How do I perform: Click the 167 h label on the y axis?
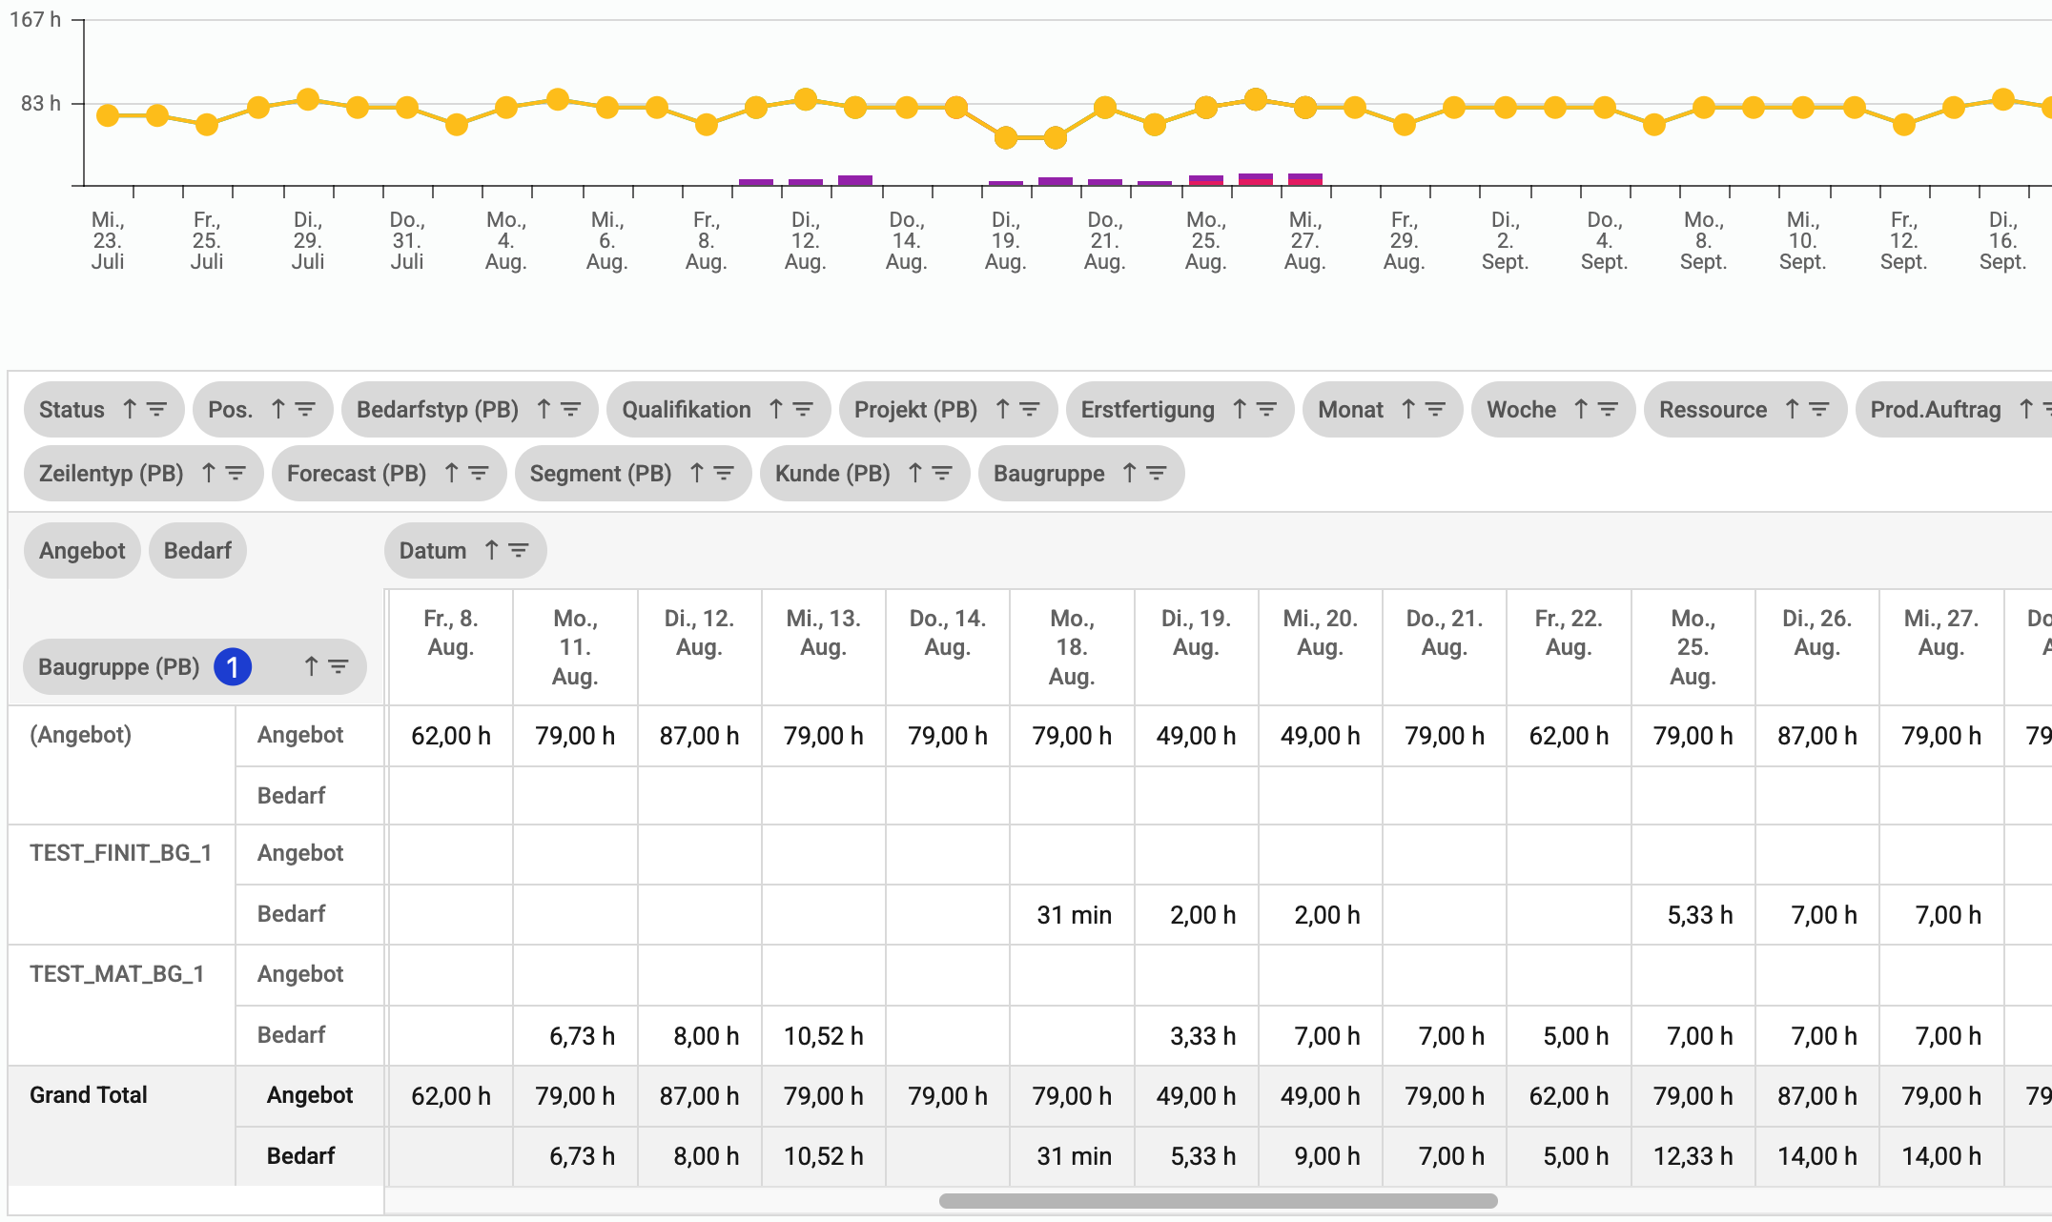tap(35, 19)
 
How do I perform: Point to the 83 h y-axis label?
tap(40, 103)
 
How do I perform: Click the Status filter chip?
tap(72, 410)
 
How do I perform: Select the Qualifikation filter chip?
tap(686, 410)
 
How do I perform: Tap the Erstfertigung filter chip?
tap(1147, 410)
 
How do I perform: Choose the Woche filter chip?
tap(1521, 410)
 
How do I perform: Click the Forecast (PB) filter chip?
tap(356, 474)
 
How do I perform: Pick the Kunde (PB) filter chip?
tap(831, 474)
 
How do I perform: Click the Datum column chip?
tap(433, 551)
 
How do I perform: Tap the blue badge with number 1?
tap(233, 667)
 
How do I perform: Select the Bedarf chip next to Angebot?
tap(197, 551)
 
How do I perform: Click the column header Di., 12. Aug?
tap(699, 633)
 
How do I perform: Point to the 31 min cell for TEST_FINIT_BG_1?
tap(1074, 915)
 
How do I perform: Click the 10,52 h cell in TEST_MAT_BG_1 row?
tap(823, 1036)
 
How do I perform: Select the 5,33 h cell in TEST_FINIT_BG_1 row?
tap(1699, 915)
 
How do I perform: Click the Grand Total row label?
tap(89, 1095)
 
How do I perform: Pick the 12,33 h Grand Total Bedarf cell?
tap(1693, 1156)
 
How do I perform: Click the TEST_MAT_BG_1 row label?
tap(116, 974)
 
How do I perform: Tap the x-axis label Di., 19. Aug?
tap(1005, 241)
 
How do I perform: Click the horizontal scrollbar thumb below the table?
tap(1218, 1201)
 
